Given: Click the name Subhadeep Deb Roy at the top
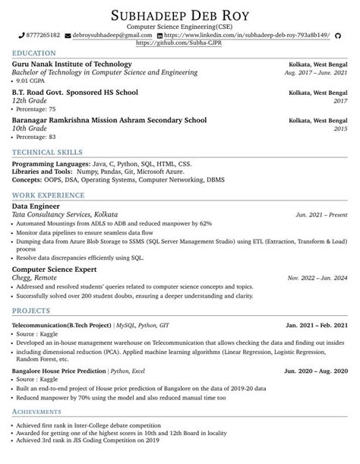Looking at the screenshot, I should pyautogui.click(x=180, y=14).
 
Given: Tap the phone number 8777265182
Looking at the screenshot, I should pyautogui.click(x=43, y=36).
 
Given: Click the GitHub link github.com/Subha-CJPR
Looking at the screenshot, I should pyautogui.click(x=179, y=44).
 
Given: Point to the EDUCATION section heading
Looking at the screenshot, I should pyautogui.click(x=34, y=53).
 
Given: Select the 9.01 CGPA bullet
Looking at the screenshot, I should pyautogui.click(x=34, y=80).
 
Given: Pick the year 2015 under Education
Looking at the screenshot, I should pyautogui.click(x=340, y=129).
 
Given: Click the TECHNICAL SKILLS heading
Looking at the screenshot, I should pyautogui.click(x=49, y=153).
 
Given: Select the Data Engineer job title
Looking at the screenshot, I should pyautogui.click(x=36, y=206).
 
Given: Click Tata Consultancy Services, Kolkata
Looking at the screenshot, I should pyautogui.click(x=65, y=215).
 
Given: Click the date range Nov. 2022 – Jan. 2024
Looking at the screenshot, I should pyautogui.click(x=318, y=278).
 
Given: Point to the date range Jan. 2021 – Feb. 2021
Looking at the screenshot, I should pyautogui.click(x=317, y=325).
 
